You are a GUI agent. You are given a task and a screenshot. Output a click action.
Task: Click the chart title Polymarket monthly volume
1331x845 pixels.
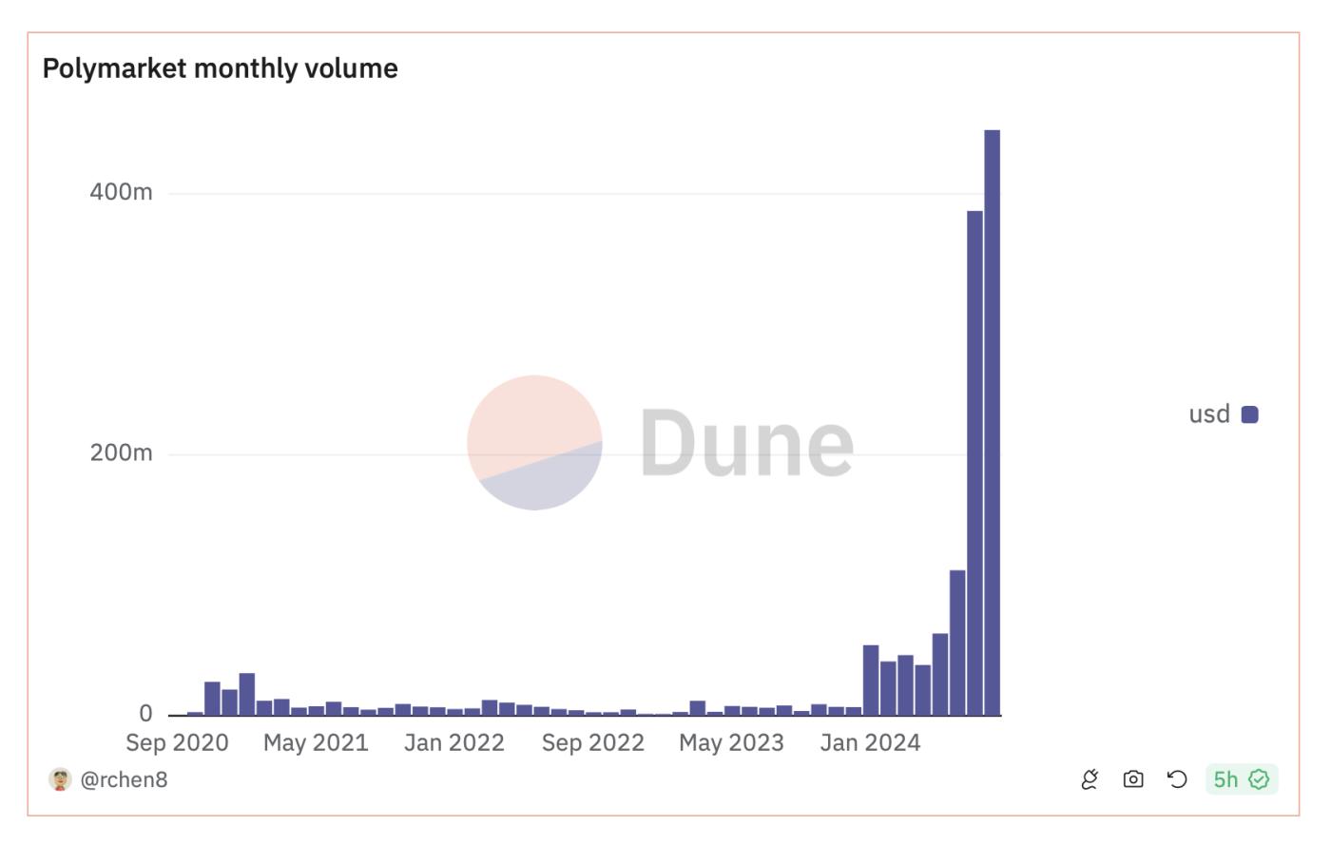220,68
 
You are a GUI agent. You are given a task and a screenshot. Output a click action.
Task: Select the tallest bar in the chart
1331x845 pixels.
992,422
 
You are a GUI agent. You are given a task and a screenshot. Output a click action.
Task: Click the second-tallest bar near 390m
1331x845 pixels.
974,462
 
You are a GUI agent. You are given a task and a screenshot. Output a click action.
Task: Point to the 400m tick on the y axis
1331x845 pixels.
121,192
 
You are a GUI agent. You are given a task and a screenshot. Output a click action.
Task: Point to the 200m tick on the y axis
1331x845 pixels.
121,452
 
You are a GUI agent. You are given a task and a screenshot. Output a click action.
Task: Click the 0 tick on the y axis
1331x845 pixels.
145,713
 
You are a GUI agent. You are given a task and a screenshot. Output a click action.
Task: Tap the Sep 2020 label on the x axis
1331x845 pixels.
177,742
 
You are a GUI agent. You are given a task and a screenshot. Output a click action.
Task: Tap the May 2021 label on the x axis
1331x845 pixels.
316,742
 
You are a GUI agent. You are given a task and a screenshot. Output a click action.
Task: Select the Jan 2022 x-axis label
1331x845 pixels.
453,742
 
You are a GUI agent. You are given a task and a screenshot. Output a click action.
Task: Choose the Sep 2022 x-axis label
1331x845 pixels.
592,742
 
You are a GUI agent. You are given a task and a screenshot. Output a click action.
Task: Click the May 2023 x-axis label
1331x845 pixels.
731,742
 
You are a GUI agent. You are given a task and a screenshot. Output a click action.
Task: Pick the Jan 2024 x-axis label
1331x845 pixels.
870,742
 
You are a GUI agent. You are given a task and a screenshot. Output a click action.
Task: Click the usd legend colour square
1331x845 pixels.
1250,414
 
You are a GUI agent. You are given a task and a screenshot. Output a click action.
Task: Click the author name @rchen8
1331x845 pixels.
124,779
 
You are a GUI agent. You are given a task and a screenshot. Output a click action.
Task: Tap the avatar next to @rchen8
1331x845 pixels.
60,779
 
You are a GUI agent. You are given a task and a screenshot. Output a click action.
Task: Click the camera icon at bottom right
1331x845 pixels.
1133,779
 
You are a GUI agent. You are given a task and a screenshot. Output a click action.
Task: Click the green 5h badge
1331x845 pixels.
1241,779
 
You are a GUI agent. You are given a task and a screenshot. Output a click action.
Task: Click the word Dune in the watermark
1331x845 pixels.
746,443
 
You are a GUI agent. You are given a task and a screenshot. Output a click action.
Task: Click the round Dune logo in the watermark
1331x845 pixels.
534,443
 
